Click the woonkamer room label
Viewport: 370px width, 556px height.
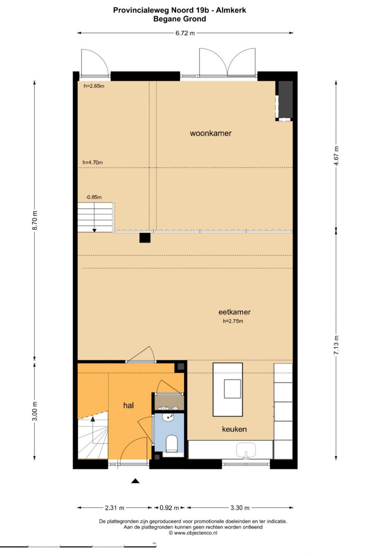(211, 133)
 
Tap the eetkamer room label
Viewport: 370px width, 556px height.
(234, 312)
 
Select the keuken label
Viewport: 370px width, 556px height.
(234, 429)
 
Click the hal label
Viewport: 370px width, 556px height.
(128, 405)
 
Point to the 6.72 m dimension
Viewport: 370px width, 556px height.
(185, 33)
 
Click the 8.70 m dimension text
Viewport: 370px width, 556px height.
(35, 220)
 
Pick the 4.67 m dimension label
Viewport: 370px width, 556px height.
(336, 156)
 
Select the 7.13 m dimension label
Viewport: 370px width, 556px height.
(336, 345)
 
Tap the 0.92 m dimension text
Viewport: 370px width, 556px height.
(169, 508)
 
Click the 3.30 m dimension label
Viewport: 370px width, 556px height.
(240, 508)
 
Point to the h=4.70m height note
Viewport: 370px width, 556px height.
(92, 162)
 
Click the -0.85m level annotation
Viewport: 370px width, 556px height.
(93, 197)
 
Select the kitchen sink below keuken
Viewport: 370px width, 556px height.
(246, 450)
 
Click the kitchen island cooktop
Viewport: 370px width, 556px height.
(232, 389)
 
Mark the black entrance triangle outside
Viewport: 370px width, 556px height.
(135, 481)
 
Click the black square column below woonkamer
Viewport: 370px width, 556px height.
(145, 238)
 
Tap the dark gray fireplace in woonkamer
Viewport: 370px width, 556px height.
(286, 99)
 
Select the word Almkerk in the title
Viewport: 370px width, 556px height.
(231, 10)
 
